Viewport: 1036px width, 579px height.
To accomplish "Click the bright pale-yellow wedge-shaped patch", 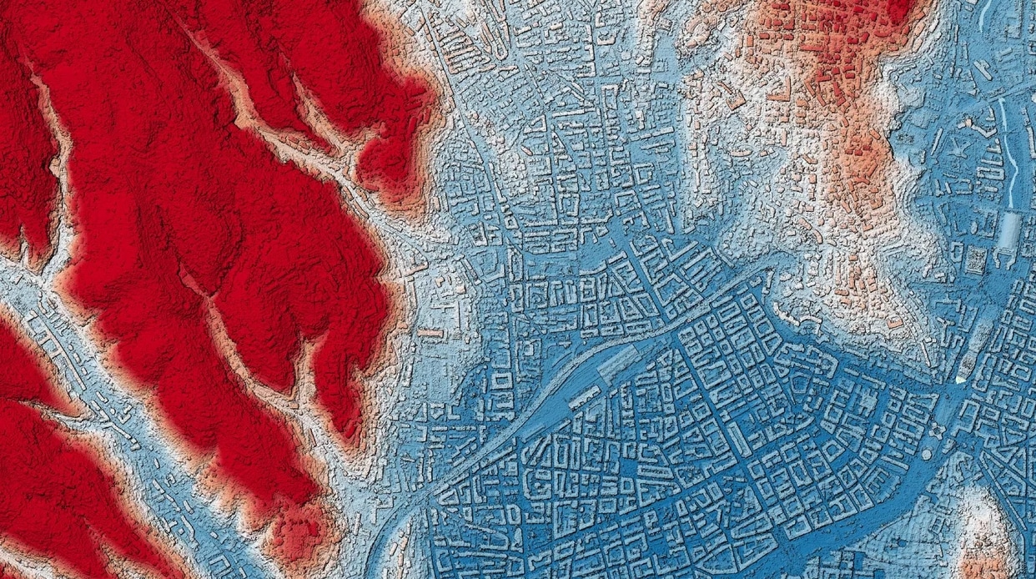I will [x=962, y=380].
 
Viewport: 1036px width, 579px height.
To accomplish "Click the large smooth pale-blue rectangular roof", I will [x=1008, y=229].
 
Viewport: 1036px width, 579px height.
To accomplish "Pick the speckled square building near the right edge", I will [x=974, y=259].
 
